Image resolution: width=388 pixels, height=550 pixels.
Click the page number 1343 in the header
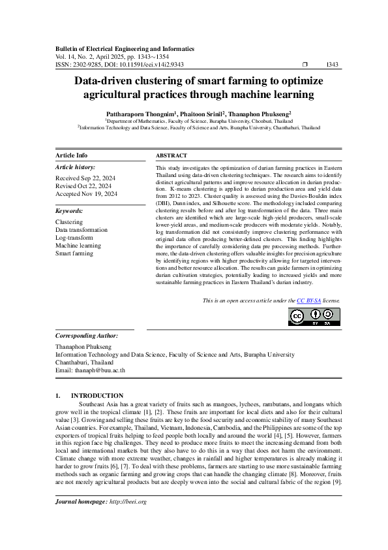[x=332, y=65]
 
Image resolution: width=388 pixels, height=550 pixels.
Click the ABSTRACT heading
[x=172, y=155]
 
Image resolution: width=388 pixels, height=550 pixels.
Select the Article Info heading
[x=72, y=155]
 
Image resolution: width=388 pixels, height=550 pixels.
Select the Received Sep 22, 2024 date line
[x=86, y=178]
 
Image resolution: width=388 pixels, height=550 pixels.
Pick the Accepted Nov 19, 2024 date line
[x=87, y=194]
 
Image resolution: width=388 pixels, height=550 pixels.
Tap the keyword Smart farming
[x=74, y=253]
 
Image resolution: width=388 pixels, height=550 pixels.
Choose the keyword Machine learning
[x=78, y=245]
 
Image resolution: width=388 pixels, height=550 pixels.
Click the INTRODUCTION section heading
[x=97, y=396]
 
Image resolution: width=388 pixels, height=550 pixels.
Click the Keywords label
[x=69, y=212]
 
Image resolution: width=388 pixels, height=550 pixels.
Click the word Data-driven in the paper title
[x=109, y=81]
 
